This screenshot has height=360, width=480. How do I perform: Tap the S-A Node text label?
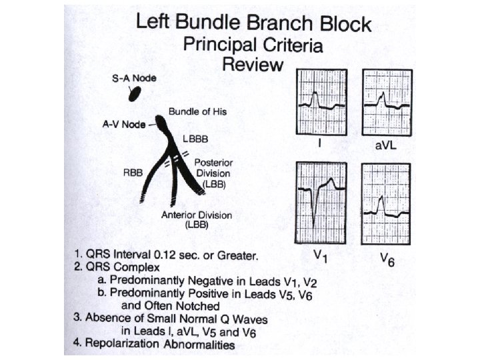pyautogui.click(x=133, y=78)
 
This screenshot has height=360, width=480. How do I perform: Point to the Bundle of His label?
pyautogui.click(x=197, y=111)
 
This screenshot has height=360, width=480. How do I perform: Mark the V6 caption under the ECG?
pyautogui.click(x=387, y=261)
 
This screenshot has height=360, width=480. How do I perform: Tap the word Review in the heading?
pyautogui.click(x=253, y=65)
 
